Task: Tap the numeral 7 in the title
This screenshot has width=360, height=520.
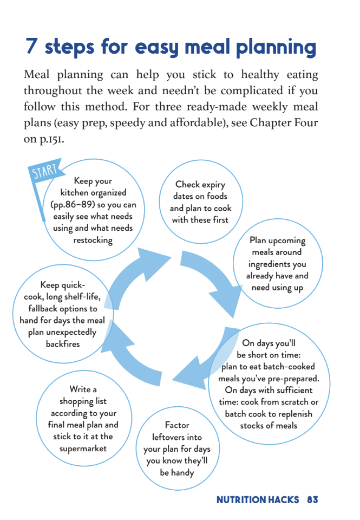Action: [x=32, y=47]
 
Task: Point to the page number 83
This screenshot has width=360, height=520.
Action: [x=312, y=500]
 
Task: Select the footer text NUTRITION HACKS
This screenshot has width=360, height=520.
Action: [x=258, y=500]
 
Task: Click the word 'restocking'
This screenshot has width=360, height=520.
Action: [x=93, y=240]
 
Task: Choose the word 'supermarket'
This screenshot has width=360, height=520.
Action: [x=83, y=448]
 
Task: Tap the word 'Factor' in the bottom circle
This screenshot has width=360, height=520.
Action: [x=177, y=425]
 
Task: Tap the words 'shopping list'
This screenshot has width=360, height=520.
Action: [x=83, y=401]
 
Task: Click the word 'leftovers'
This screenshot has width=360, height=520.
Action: [x=177, y=437]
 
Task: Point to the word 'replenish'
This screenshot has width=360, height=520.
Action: [x=289, y=414]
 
